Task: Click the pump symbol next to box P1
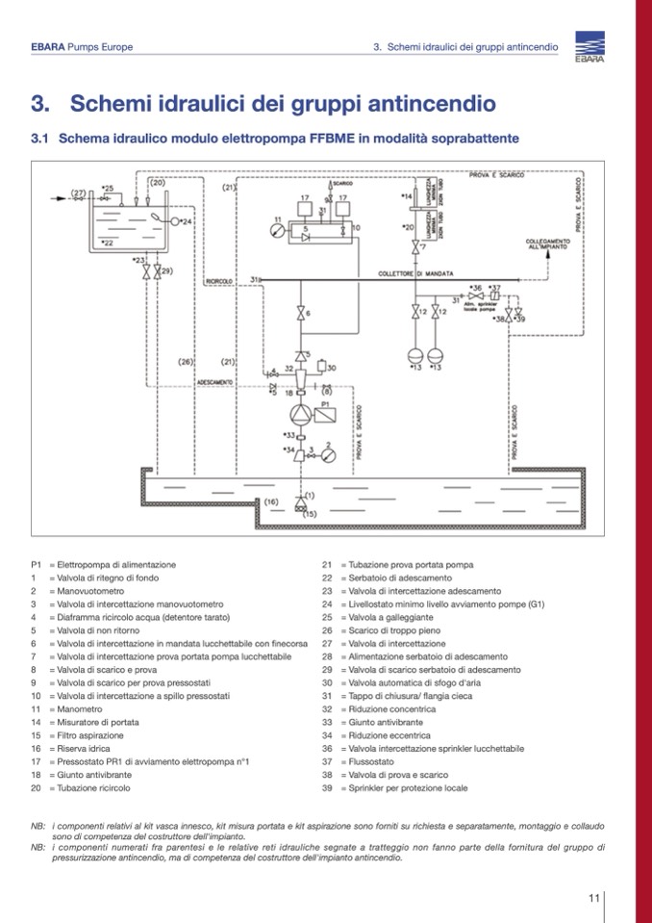302,414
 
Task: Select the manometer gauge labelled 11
278,231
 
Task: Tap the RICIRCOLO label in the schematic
219,281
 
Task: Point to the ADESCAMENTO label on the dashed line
214,383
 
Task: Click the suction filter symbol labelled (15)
301,507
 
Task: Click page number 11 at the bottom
594,898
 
